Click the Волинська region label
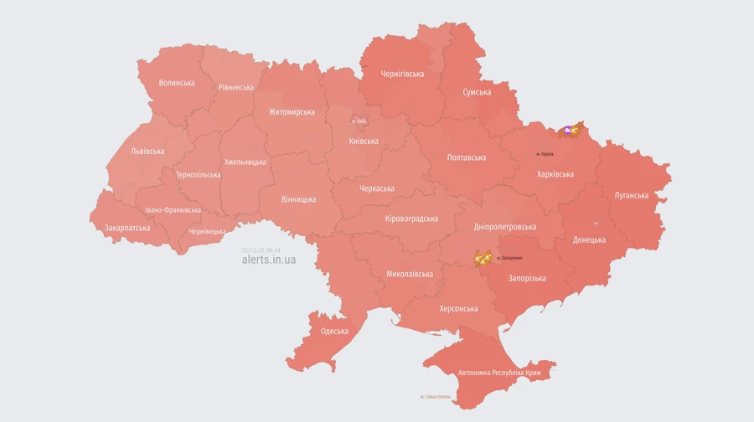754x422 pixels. (x=177, y=83)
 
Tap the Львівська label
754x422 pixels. (x=147, y=152)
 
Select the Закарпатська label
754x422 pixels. (x=127, y=228)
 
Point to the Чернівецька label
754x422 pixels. (x=207, y=231)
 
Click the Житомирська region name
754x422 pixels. (x=292, y=112)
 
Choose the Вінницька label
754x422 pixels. (x=299, y=199)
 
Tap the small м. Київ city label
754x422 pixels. (x=359, y=121)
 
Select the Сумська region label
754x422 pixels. (x=477, y=92)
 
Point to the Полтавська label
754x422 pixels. (x=467, y=157)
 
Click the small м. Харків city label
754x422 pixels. (x=545, y=154)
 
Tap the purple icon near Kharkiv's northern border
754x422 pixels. (x=568, y=131)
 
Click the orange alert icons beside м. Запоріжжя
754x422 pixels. (x=483, y=258)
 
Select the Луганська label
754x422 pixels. (x=631, y=195)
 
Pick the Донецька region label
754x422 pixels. (x=589, y=239)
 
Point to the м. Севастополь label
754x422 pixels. (x=436, y=397)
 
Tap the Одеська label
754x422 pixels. (x=334, y=332)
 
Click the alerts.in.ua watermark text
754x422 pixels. (x=268, y=260)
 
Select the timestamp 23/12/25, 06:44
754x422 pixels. (x=261, y=250)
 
